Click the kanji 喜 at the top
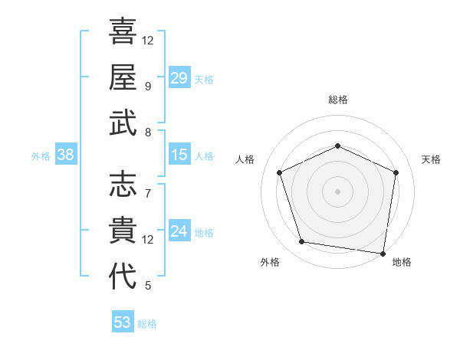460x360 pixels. pyautogui.click(x=123, y=31)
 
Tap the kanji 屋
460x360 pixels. pyautogui.click(x=123, y=77)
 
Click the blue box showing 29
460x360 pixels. pyautogui.click(x=179, y=78)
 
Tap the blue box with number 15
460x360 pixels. pyautogui.click(x=179, y=155)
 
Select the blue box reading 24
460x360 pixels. pyautogui.click(x=179, y=231)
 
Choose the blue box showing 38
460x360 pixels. pyautogui.click(x=66, y=155)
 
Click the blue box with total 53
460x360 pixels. pyautogui.click(x=123, y=322)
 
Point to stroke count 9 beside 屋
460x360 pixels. pyautogui.click(x=147, y=87)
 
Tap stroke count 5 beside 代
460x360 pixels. pyautogui.click(x=147, y=286)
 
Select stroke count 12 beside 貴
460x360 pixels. pyautogui.click(x=147, y=240)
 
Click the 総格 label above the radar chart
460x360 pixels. pyautogui.click(x=337, y=100)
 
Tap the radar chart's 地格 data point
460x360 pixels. pyautogui.click(x=383, y=253)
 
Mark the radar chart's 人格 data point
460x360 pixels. pyautogui.click(x=280, y=172)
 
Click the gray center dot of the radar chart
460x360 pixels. pyautogui.click(x=337, y=191)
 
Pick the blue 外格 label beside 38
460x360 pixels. pyautogui.click(x=41, y=156)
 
